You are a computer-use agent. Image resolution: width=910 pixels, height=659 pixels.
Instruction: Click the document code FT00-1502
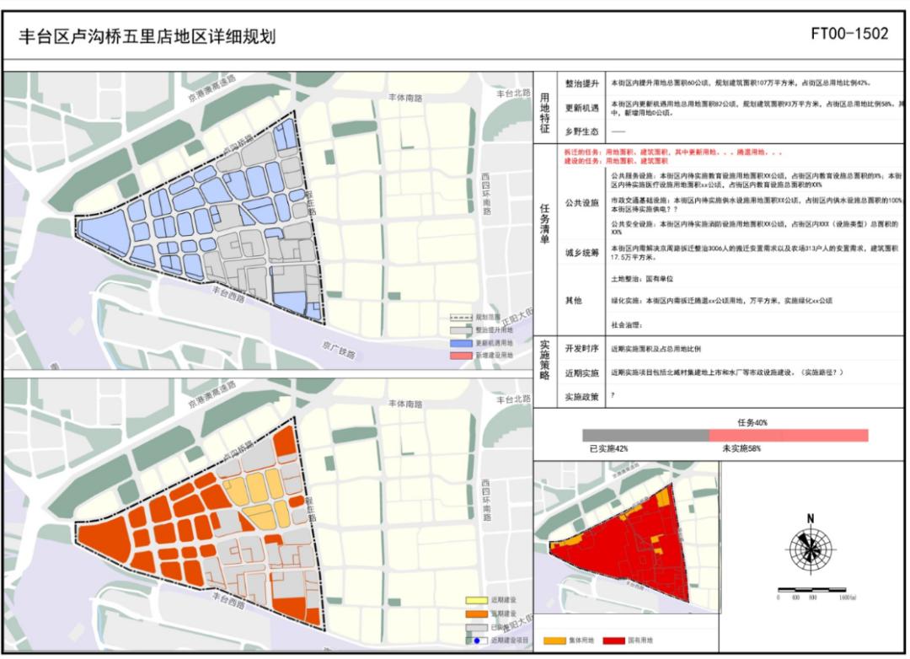(849, 34)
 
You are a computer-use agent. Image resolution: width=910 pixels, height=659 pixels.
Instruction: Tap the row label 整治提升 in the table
(581, 83)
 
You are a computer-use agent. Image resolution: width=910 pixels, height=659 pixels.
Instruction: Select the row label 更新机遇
(581, 107)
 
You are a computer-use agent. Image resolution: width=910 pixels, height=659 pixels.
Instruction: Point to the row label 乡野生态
(581, 131)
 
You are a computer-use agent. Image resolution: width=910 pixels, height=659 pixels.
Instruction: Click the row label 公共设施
(581, 202)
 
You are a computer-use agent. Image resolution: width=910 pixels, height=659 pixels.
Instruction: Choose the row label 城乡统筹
(581, 252)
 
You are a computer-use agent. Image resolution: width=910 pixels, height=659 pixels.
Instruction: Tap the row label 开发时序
(581, 348)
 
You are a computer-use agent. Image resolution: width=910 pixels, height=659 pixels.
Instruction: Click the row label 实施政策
(581, 395)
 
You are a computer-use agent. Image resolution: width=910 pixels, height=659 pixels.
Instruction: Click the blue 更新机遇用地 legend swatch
(459, 343)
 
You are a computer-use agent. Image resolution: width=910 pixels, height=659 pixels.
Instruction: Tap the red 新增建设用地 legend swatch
(459, 356)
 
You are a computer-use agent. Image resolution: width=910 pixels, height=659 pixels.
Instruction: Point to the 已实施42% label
(608, 449)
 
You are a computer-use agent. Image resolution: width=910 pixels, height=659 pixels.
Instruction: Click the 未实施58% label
(741, 449)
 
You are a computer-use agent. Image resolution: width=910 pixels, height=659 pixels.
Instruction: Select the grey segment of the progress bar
(645, 435)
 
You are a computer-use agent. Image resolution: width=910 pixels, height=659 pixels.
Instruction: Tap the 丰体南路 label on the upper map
(405, 98)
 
